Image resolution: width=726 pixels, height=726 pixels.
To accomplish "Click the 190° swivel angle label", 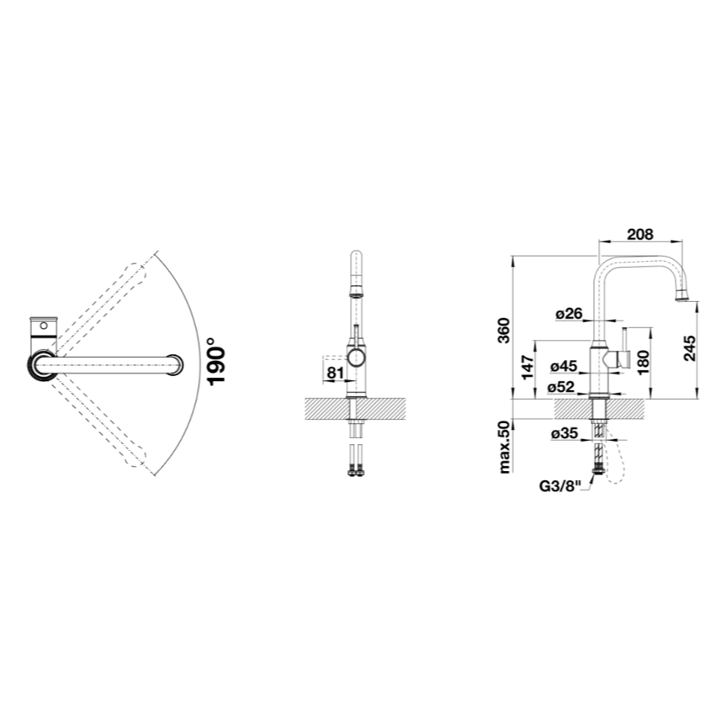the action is coord(216,361).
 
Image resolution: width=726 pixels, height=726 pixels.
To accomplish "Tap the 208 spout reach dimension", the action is coord(640,234).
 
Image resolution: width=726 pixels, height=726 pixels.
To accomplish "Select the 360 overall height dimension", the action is coord(503,330).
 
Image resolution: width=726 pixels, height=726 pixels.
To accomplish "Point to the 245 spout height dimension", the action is coord(690,348).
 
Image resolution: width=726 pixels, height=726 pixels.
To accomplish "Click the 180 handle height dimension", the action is coord(644,362).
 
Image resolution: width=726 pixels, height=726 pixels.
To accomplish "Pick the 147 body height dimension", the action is coord(527,367).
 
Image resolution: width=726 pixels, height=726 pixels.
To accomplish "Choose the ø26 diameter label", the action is coord(569,314).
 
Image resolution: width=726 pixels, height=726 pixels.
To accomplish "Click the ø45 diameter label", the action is coord(564,367).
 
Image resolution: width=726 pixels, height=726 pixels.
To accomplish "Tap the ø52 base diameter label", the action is coord(561,387).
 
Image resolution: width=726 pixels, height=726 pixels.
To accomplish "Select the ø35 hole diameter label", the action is coord(564,433).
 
